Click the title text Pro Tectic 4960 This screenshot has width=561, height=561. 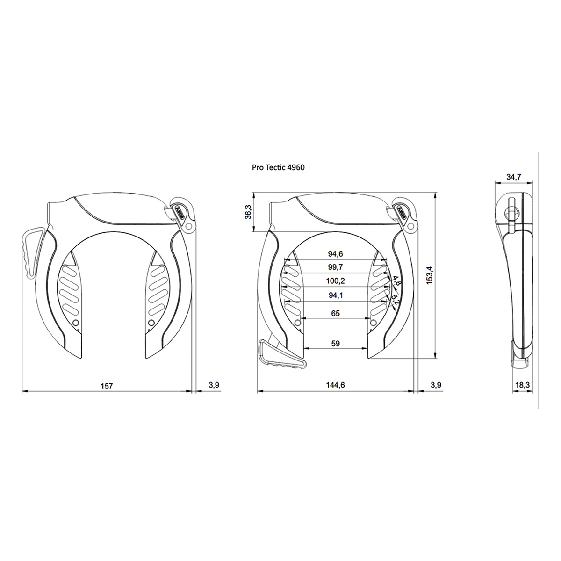[x=278, y=167]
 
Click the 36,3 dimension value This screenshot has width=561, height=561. [x=248, y=212]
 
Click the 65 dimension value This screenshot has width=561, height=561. [x=335, y=313]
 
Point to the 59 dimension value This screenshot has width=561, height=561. [x=335, y=343]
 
